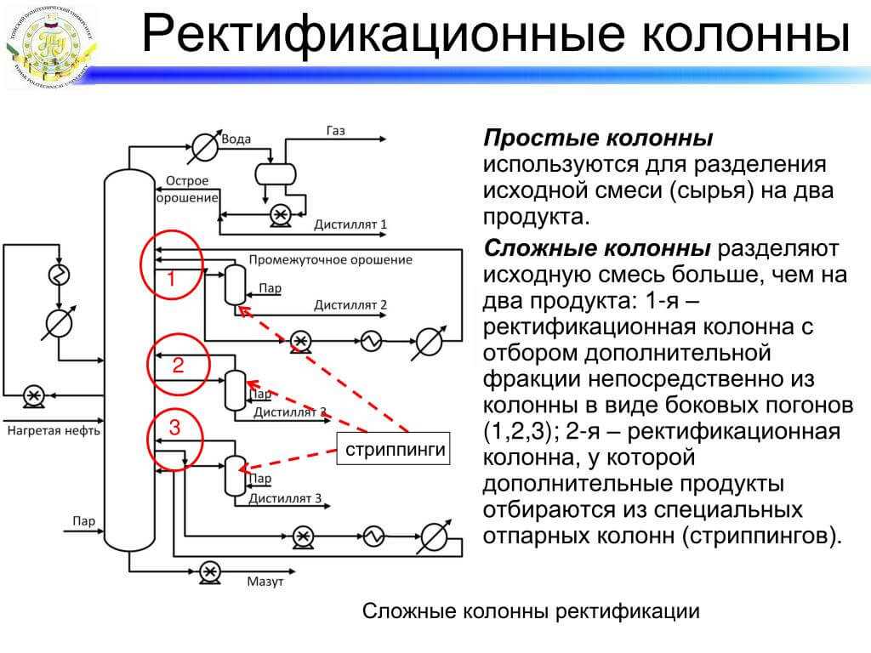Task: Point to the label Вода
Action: pyautogui.click(x=235, y=139)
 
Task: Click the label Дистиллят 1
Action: pyautogui.click(x=350, y=225)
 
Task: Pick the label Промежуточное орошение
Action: pyautogui.click(x=331, y=259)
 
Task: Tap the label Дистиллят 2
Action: pyautogui.click(x=350, y=304)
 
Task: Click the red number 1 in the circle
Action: pyautogui.click(x=171, y=278)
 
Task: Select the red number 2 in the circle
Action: pyautogui.click(x=178, y=366)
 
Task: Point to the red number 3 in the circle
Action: pyautogui.click(x=174, y=428)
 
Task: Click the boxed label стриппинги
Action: pyautogui.click(x=396, y=450)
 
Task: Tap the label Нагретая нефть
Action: pyautogui.click(x=54, y=430)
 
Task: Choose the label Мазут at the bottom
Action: pyautogui.click(x=265, y=582)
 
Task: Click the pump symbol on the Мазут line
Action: pyautogui.click(x=208, y=570)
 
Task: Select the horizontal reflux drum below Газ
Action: pyautogui.click(x=276, y=173)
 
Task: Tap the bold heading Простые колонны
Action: pyautogui.click(x=598, y=139)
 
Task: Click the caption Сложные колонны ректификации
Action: pyautogui.click(x=531, y=611)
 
